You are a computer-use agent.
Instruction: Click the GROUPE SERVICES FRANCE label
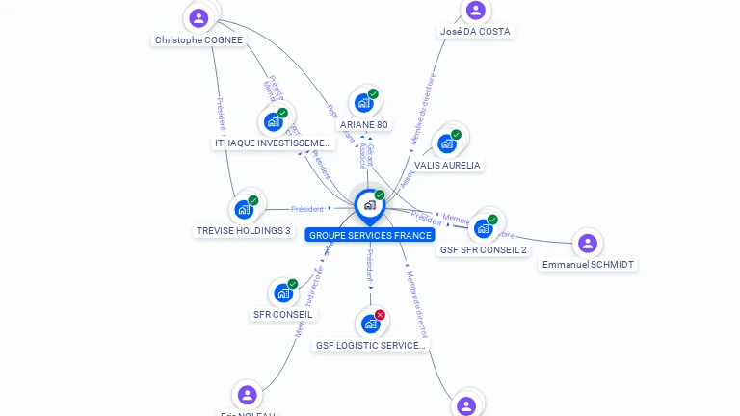coord(370,235)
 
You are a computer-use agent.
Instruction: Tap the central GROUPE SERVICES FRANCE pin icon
coord(369,205)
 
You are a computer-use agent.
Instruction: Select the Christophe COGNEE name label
coord(198,40)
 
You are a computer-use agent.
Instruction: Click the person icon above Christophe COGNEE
coord(198,17)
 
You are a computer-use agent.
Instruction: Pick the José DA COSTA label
coord(475,32)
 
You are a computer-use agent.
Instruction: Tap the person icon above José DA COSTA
coord(475,11)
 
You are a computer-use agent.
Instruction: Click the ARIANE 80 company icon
coord(363,103)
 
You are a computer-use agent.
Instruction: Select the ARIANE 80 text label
coord(364,125)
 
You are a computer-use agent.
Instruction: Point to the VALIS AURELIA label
coord(447,166)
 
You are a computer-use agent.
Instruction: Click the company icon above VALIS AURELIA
coord(446,144)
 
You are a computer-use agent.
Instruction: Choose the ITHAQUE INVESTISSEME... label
coord(273,143)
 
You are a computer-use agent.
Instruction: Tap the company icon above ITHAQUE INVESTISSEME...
coord(274,122)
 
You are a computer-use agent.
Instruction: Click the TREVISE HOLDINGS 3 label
coord(243,231)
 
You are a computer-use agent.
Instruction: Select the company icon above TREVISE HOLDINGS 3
coord(244,209)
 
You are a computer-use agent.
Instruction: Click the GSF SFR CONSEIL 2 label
coord(483,250)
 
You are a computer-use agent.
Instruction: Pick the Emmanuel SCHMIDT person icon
coord(588,243)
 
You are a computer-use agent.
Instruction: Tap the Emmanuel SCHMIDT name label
coord(588,265)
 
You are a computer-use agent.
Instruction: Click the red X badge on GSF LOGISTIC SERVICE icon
coord(381,315)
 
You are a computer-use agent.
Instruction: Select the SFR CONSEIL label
coord(282,315)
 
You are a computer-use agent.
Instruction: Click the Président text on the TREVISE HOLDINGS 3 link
coord(307,209)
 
